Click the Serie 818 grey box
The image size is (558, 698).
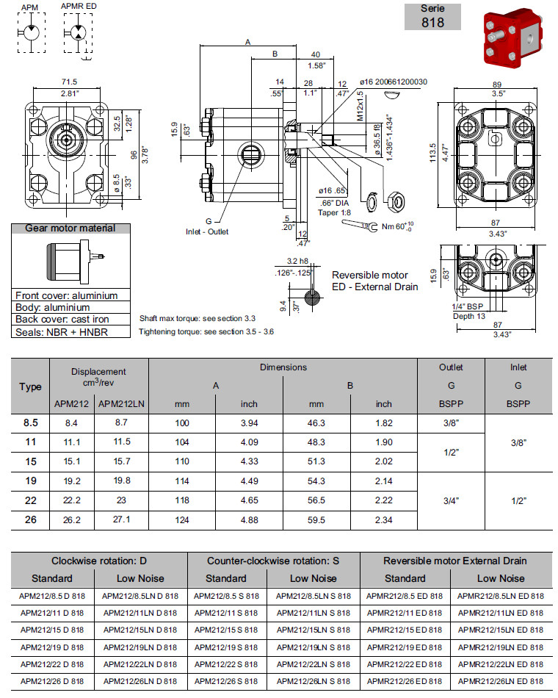[433, 16]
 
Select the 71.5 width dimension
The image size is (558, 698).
[70, 82]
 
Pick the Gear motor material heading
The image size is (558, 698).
[70, 229]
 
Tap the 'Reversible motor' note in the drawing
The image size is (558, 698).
[370, 275]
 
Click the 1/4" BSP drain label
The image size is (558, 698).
[467, 306]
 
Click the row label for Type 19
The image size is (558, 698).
[30, 481]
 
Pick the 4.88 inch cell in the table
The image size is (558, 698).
[249, 519]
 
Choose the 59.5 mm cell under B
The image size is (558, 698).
[316, 519]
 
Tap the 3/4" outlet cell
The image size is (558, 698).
[451, 500]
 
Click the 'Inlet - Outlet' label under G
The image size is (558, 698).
[206, 231]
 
